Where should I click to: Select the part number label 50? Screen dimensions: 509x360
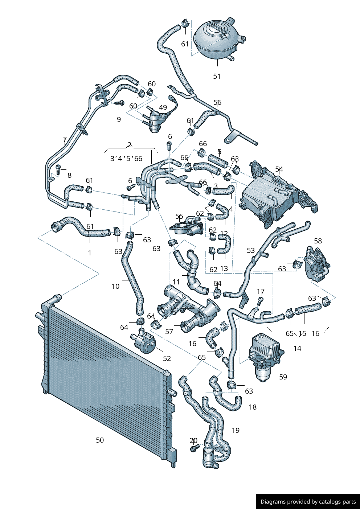point(100,440)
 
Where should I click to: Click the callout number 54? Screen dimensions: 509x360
point(279,169)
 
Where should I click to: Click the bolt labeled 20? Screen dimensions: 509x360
point(193,449)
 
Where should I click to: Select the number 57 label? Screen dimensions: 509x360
point(169,332)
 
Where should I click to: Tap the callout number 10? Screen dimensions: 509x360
point(115,286)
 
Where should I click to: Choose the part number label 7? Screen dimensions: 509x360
point(65,139)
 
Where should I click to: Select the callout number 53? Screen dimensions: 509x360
point(251,250)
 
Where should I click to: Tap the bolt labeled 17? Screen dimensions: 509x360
point(260,300)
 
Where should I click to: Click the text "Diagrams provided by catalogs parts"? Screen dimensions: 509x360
point(308,502)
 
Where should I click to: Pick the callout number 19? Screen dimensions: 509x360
point(236,430)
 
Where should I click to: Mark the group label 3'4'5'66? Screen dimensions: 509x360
point(126,159)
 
